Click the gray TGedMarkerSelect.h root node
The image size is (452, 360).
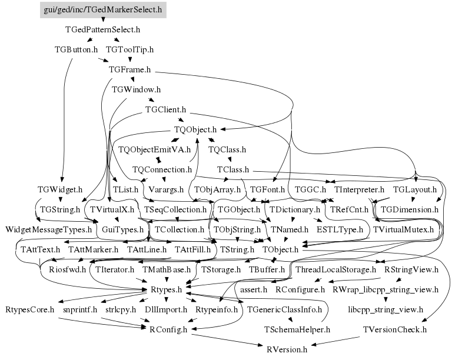tap(103, 10)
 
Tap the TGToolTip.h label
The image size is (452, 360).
tap(129, 49)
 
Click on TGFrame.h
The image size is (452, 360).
tap(129, 69)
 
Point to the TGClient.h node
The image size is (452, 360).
tap(165, 109)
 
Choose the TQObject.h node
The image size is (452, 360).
tap(195, 129)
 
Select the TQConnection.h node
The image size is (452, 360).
tap(162, 170)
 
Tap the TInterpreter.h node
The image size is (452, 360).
tap(359, 190)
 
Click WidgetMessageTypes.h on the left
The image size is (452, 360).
tap(49, 229)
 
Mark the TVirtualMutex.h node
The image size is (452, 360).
tap(403, 229)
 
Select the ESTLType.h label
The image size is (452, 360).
tap(340, 229)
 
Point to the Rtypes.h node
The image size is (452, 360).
tap(166, 290)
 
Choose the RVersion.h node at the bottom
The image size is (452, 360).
tap(287, 349)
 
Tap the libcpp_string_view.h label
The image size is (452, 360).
tap(385, 309)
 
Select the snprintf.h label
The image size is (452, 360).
tap(79, 309)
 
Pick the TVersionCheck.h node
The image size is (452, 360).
tap(395, 329)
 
